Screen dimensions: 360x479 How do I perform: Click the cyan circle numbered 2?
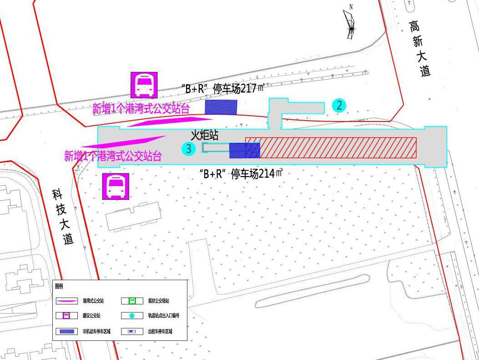click(x=339, y=106)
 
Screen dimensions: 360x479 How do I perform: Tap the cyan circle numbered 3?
click(x=189, y=148)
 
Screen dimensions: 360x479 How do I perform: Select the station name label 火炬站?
click(x=205, y=135)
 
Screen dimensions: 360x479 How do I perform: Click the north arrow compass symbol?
click(x=350, y=23)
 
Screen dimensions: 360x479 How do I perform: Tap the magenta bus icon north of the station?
click(x=144, y=85)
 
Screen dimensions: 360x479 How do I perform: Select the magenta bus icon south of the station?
click(x=116, y=186)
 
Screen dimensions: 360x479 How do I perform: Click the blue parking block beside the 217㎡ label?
click(x=221, y=107)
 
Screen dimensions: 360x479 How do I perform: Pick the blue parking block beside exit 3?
click(x=244, y=150)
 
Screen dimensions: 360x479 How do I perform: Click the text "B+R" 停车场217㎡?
click(x=222, y=88)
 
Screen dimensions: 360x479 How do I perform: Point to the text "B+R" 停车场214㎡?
click(x=241, y=173)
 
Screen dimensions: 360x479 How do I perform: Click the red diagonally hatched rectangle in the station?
click(x=331, y=147)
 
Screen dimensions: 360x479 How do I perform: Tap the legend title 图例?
click(x=59, y=286)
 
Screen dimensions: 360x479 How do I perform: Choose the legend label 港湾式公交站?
click(x=94, y=301)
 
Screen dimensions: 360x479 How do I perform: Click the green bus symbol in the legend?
click(x=132, y=301)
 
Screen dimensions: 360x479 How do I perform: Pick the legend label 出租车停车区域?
click(x=160, y=331)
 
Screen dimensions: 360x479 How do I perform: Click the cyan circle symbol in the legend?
click(x=132, y=316)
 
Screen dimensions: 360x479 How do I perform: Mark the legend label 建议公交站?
click(x=91, y=316)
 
